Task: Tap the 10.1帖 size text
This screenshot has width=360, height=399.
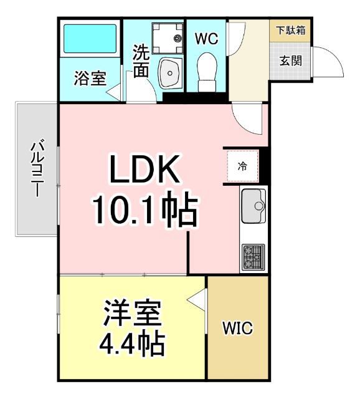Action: (144, 210)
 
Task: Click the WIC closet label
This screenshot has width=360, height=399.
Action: (238, 329)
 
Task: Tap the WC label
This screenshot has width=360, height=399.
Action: (206, 39)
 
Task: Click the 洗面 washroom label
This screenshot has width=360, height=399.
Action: (141, 60)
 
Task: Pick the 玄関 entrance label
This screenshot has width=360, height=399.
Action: (290, 61)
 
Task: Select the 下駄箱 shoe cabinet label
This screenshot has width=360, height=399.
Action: (290, 30)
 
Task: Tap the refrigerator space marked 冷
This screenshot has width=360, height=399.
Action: (242, 166)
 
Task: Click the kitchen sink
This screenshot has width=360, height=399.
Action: (253, 203)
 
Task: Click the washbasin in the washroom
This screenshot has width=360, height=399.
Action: (169, 73)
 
